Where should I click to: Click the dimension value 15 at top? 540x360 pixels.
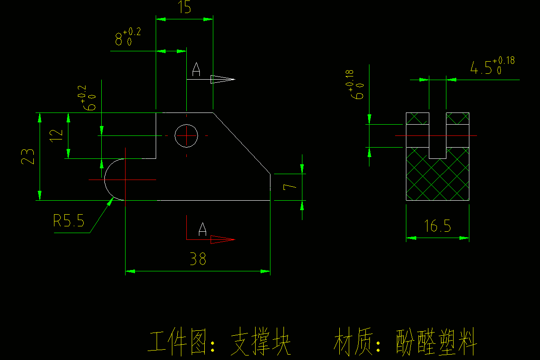(x=184, y=8)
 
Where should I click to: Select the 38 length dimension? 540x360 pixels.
(x=198, y=259)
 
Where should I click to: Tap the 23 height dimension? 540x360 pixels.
(x=28, y=156)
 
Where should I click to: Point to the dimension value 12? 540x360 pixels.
(x=56, y=135)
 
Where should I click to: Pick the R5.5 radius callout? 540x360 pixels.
(x=69, y=220)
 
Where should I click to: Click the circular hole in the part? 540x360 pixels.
(x=186, y=135)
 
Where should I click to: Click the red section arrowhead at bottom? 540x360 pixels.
(x=222, y=239)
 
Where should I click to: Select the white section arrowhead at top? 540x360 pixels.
(x=223, y=80)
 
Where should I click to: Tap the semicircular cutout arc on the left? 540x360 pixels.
(x=106, y=179)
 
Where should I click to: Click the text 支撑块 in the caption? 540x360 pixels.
(x=261, y=344)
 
